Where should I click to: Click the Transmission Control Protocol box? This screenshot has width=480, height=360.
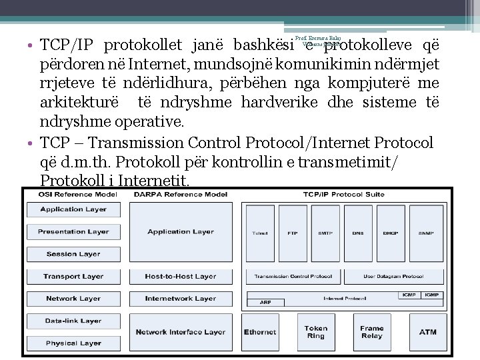pyautogui.click(x=293, y=276)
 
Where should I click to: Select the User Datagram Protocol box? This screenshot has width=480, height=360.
pyautogui.click(x=393, y=276)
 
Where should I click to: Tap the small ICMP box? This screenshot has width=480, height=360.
pyautogui.click(x=408, y=294)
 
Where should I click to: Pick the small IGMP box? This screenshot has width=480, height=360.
pyautogui.click(x=432, y=294)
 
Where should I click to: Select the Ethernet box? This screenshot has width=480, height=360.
pyautogui.click(x=260, y=331)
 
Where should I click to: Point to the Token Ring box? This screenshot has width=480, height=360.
pyautogui.click(x=315, y=331)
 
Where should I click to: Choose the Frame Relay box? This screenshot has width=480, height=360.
pyautogui.click(x=371, y=331)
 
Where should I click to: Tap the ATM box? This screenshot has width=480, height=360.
pyautogui.click(x=427, y=331)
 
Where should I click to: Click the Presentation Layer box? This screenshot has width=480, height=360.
pyautogui.click(x=73, y=231)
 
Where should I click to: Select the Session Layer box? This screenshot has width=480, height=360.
pyautogui.click(x=73, y=254)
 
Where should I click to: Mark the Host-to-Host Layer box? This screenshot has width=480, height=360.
pyautogui.click(x=180, y=276)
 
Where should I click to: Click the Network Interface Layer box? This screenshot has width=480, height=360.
pyautogui.click(x=180, y=331)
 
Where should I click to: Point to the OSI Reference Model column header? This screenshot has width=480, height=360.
pyautogui.click(x=73, y=195)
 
